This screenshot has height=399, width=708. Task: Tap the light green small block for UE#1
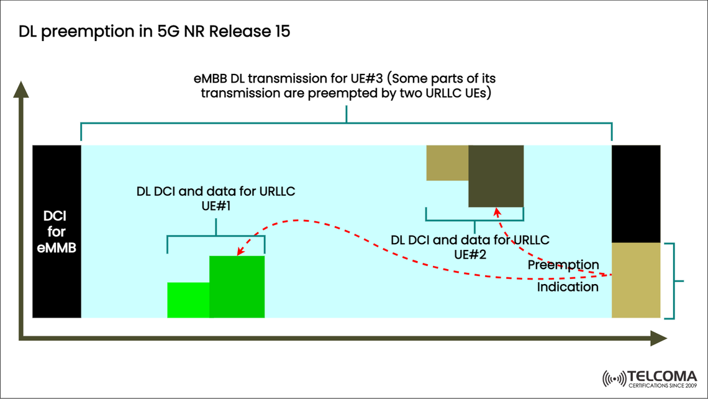pos(188,300)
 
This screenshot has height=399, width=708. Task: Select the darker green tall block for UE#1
pos(237,287)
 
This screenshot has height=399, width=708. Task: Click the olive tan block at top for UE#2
pos(447,163)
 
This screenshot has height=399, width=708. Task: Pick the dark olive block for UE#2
pos(496,177)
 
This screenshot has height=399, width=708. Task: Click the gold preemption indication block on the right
pos(636,280)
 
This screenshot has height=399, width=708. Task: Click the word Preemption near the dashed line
pos(563,265)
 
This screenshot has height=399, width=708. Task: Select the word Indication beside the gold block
pos(568,287)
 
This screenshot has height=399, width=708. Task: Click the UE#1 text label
pos(216,206)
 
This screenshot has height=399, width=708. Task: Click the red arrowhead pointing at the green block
pos(238,251)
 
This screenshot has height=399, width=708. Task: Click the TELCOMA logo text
pos(662,376)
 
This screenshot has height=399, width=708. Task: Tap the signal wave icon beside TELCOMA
pos(614,378)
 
